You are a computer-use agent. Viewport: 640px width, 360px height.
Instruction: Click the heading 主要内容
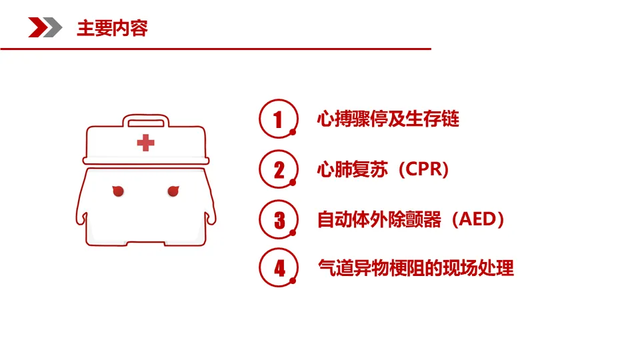pyautogui.click(x=112, y=28)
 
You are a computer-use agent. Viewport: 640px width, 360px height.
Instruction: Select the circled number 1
pyautogui.click(x=279, y=119)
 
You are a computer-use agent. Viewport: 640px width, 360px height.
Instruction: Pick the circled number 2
pyautogui.click(x=279, y=169)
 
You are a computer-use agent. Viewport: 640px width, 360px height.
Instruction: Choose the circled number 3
pyautogui.click(x=279, y=219)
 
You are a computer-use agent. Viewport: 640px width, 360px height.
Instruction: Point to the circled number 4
pyautogui.click(x=279, y=268)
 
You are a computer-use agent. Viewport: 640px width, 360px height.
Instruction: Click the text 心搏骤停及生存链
pyautogui.click(x=388, y=119)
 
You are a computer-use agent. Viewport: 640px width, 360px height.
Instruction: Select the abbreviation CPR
pyautogui.click(x=424, y=169)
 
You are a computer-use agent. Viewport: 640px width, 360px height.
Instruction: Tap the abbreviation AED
pyautogui.click(x=477, y=219)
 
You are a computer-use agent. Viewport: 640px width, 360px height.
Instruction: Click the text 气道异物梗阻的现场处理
pyautogui.click(x=416, y=268)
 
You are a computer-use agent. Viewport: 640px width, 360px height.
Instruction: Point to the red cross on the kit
pyautogui.click(x=146, y=143)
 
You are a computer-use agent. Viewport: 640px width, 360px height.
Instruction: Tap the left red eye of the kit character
pyautogui.click(x=118, y=191)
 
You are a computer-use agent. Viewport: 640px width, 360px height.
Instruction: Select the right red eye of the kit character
pyautogui.click(x=173, y=191)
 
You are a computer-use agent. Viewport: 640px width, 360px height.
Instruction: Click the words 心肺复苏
pyautogui.click(x=352, y=169)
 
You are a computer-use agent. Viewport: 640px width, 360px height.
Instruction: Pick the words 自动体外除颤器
pyautogui.click(x=379, y=219)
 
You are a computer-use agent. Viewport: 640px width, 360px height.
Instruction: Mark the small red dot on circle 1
pyautogui.click(x=293, y=132)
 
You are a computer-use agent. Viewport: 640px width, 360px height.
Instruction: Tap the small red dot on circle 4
pyautogui.click(x=293, y=281)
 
